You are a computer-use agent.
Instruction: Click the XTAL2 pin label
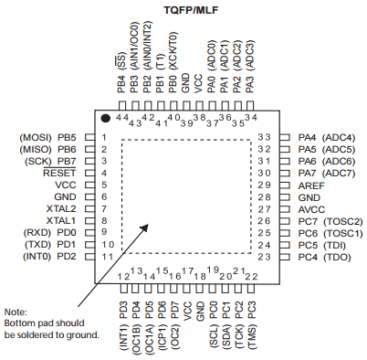[60, 207]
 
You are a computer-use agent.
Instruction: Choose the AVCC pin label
[311, 208]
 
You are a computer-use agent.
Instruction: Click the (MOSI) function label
[34, 136]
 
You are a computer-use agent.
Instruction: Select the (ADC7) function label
[340, 172]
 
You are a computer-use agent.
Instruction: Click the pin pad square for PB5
[89, 136]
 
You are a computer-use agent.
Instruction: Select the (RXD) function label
[36, 232]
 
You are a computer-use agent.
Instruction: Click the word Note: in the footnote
[16, 312]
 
